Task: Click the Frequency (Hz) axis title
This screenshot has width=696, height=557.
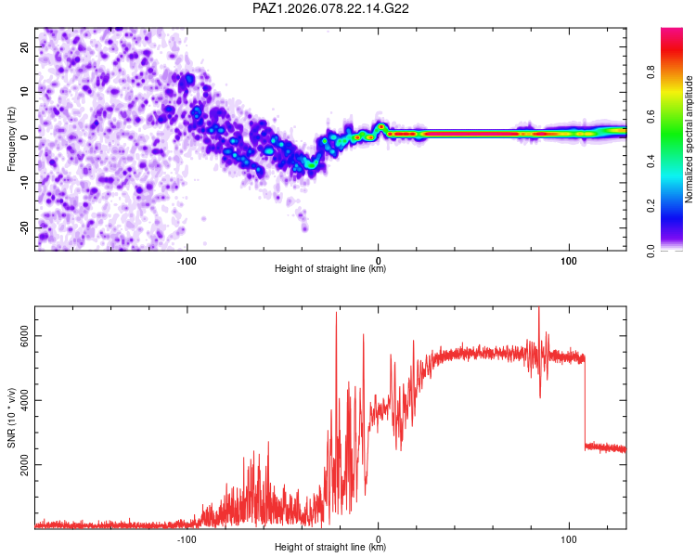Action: [x=11, y=138]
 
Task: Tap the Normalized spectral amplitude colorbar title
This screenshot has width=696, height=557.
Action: [x=689, y=138]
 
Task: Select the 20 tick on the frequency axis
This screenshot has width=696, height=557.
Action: [x=25, y=46]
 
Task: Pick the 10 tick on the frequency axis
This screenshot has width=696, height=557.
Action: [x=25, y=92]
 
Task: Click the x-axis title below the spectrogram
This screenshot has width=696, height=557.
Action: [x=330, y=269]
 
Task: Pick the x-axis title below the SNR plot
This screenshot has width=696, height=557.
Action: [x=330, y=548]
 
